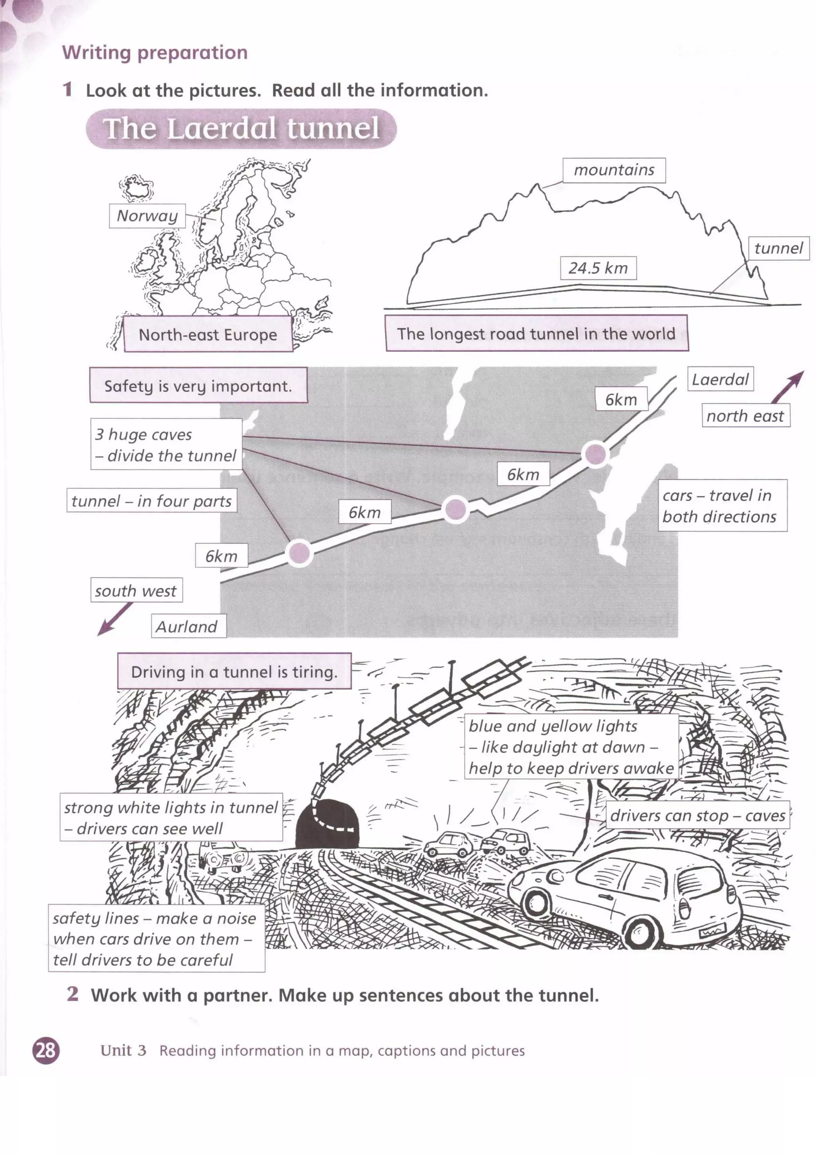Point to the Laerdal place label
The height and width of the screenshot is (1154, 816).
point(720,379)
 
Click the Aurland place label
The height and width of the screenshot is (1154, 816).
point(187,626)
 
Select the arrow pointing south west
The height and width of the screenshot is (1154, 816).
point(115,619)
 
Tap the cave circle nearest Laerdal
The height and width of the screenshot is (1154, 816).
point(595,454)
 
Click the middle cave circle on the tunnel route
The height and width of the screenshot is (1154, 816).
point(455,509)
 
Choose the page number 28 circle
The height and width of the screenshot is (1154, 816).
point(46,1050)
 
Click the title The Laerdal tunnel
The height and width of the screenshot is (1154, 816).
point(241,129)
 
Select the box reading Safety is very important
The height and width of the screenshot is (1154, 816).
point(198,385)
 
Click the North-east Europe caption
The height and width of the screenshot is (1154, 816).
point(208,334)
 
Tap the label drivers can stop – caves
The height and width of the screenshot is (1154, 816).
point(697,815)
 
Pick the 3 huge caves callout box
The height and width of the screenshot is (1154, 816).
point(166,444)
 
